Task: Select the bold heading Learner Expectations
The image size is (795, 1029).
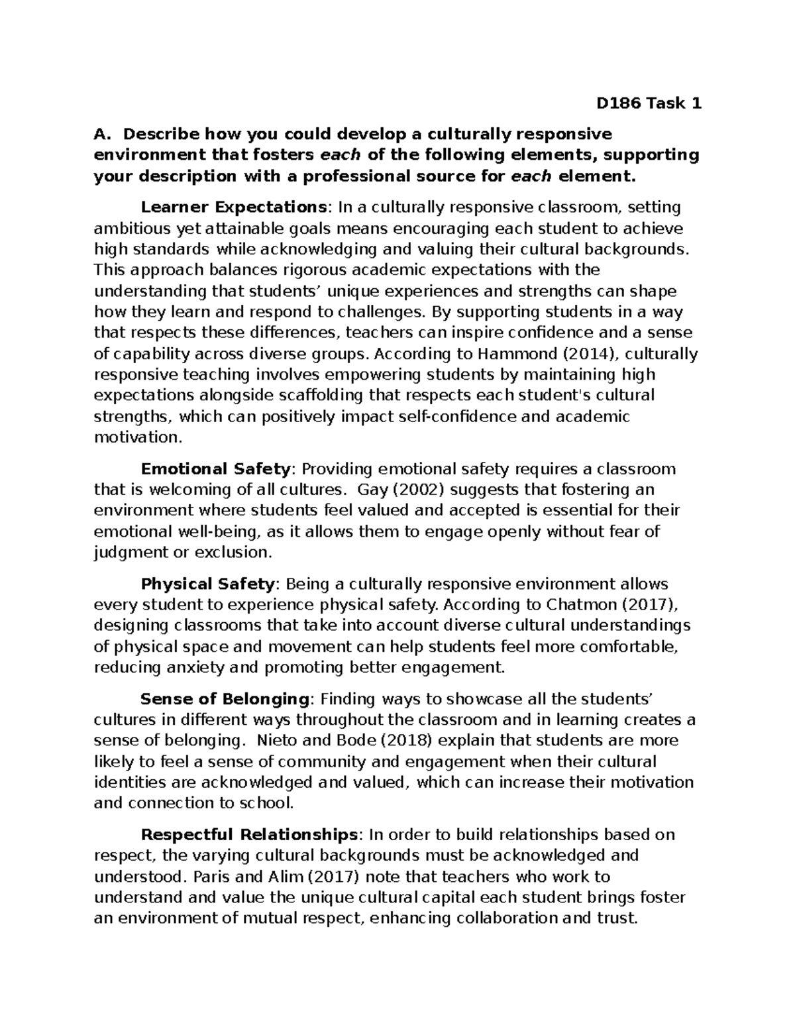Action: pyautogui.click(x=231, y=207)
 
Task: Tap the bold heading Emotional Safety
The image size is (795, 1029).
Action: pyautogui.click(x=216, y=469)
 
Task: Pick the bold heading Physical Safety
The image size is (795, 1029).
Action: pyautogui.click(x=208, y=584)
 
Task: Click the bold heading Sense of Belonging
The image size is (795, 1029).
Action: pyautogui.click(x=225, y=699)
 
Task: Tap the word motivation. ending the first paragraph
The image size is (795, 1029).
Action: pyautogui.click(x=137, y=438)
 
